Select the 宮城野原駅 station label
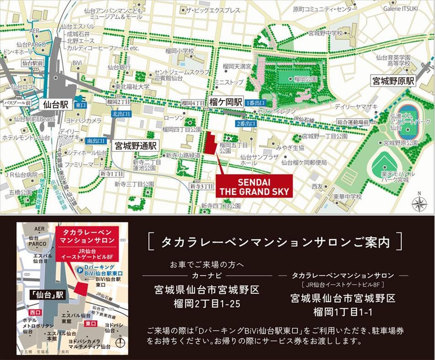point(393,82)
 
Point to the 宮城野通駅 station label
point(136,146)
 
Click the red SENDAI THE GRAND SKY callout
point(254,186)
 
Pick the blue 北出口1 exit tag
point(121,113)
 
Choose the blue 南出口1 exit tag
point(96,140)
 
